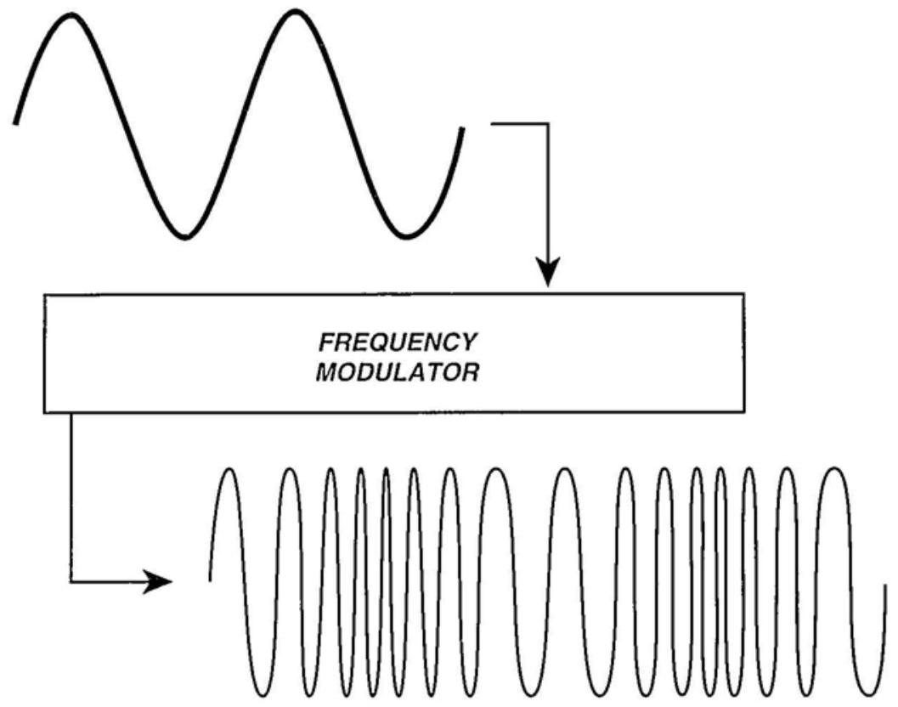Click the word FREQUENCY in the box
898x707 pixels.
(397, 342)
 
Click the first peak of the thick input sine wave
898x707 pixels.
(71, 14)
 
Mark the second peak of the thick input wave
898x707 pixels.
(294, 13)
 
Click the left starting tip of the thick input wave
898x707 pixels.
(15, 123)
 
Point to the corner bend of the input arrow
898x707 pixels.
(550, 124)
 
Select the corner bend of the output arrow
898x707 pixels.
(71, 582)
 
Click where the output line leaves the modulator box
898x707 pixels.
(71, 413)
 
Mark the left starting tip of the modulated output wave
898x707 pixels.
(210, 580)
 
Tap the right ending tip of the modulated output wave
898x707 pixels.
(885, 585)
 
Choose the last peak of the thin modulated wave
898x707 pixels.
(833, 469)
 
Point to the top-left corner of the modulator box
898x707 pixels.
(44, 295)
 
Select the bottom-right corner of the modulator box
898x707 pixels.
(744, 413)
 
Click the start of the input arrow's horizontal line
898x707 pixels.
(493, 124)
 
